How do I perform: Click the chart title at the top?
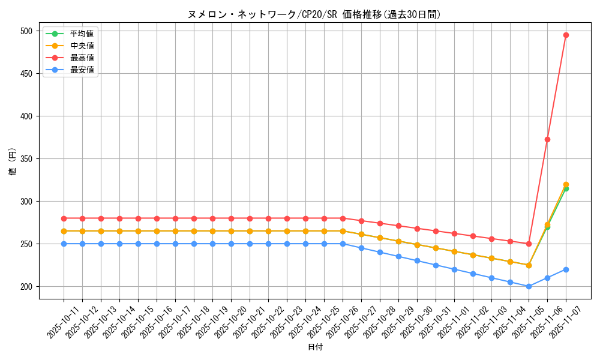coord(314,14)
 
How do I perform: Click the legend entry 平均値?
coord(82,34)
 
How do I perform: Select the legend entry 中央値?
coord(82,46)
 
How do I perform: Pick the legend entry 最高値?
coord(82,58)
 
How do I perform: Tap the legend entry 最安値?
coord(82,70)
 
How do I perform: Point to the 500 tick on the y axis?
coord(27,31)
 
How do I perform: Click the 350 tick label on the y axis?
coord(27,159)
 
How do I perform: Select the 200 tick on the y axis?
coord(27,287)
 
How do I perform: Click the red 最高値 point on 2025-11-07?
coord(566,35)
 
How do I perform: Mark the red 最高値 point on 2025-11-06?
coord(547,139)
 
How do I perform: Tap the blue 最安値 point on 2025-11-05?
coord(529,286)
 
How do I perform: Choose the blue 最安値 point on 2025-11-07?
coord(566,269)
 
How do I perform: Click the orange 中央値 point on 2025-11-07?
coord(566,184)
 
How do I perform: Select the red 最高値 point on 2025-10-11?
coord(64,218)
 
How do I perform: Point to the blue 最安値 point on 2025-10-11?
coord(64,244)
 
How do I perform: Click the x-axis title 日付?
coord(315,347)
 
